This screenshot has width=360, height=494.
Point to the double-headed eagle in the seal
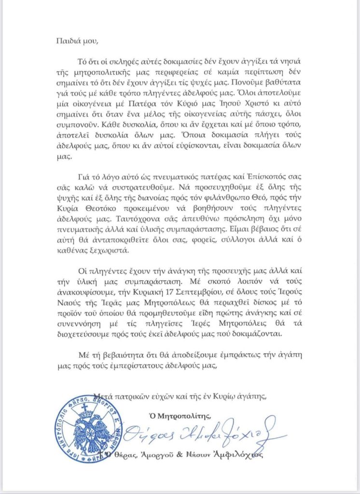tap(91, 431)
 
